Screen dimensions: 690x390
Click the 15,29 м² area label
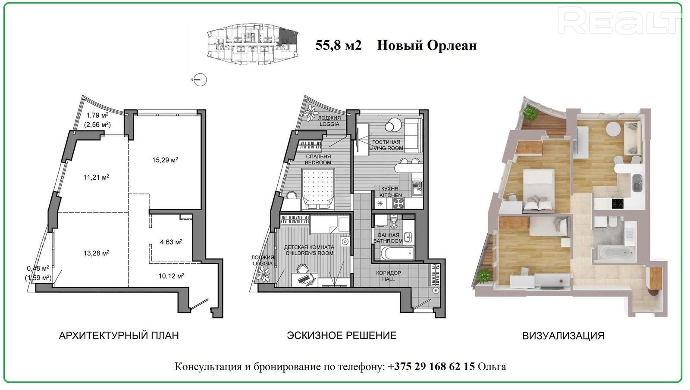click(x=165, y=160)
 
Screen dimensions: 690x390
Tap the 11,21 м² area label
click(x=96, y=177)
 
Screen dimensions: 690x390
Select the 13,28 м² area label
click(x=97, y=253)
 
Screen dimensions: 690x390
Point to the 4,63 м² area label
click(x=171, y=242)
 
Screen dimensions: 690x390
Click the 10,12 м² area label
click(x=171, y=276)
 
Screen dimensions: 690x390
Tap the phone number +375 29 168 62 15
click(x=431, y=367)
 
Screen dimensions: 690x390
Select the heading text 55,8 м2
click(x=338, y=46)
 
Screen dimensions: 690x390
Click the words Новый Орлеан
click(x=427, y=46)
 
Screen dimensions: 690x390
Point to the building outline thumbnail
click(x=253, y=44)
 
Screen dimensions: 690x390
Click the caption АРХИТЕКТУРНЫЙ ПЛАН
click(x=119, y=335)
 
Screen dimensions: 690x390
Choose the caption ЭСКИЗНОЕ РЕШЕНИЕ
click(x=342, y=335)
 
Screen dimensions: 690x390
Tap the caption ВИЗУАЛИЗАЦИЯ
click(x=563, y=336)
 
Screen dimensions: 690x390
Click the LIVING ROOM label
click(x=386, y=148)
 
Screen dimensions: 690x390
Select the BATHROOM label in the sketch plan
click(x=388, y=241)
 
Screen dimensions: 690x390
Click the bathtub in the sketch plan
click(x=398, y=253)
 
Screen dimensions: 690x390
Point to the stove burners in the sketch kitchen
click(x=398, y=203)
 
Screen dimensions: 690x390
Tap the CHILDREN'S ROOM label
click(x=309, y=253)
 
